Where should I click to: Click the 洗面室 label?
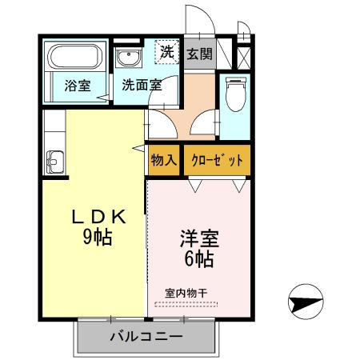(x=142, y=84)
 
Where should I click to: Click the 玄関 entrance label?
(x=200, y=54)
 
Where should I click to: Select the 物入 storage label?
(x=164, y=159)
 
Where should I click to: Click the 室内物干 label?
(x=186, y=292)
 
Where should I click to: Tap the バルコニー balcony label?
(x=146, y=336)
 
